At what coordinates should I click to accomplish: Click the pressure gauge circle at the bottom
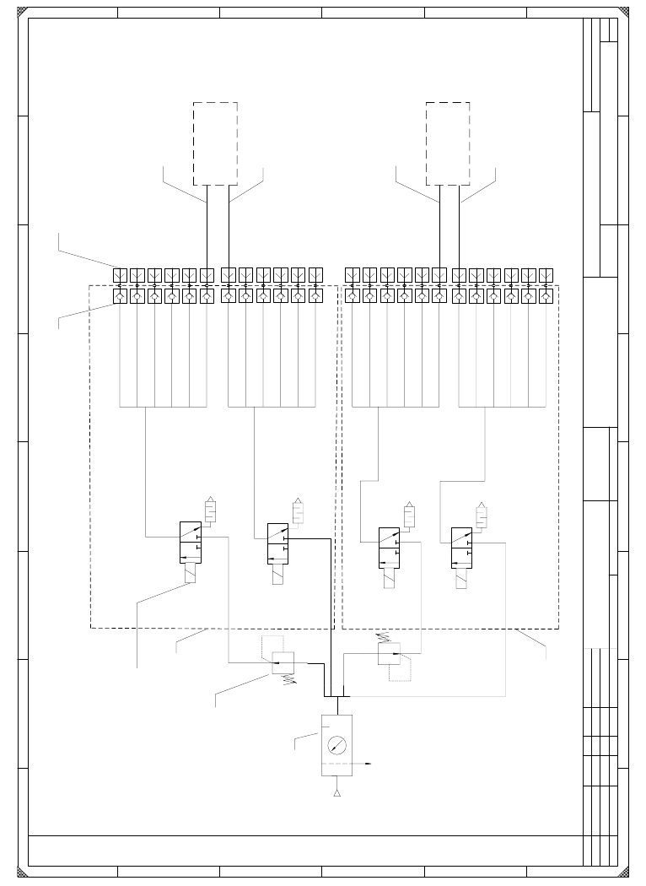(x=336, y=745)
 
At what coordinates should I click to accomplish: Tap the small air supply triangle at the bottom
(x=336, y=793)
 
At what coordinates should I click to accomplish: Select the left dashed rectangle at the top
(x=215, y=143)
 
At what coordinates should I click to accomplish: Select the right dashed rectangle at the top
(x=448, y=143)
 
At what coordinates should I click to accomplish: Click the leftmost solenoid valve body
(x=191, y=543)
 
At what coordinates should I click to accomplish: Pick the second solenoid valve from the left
(x=278, y=544)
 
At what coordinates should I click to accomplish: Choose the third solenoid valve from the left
(x=389, y=547)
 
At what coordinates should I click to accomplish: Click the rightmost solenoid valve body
(x=461, y=547)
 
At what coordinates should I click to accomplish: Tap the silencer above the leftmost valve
(x=211, y=511)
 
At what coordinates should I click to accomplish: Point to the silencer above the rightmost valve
(x=482, y=515)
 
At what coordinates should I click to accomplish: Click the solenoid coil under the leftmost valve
(x=191, y=574)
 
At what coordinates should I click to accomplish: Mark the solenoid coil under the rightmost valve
(x=461, y=578)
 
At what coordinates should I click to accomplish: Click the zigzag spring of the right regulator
(x=384, y=638)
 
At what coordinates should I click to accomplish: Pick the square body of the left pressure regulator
(x=283, y=662)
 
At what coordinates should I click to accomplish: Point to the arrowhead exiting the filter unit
(x=369, y=764)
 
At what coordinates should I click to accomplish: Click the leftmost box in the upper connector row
(x=120, y=275)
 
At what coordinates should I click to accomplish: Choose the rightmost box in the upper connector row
(x=546, y=275)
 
